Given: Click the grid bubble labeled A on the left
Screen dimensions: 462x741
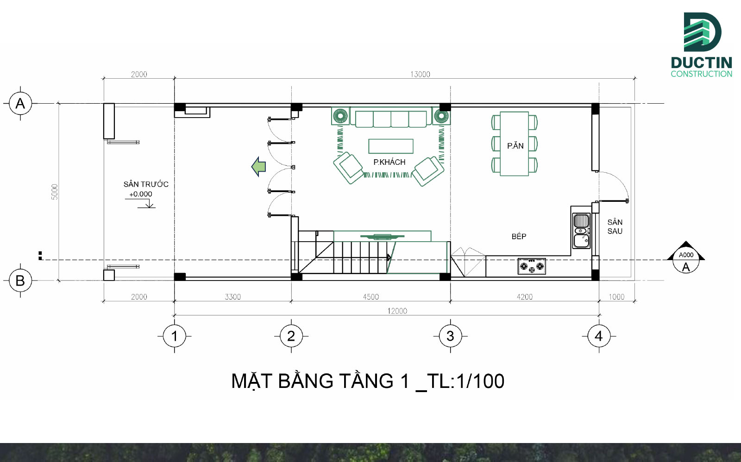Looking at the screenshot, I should (x=20, y=103).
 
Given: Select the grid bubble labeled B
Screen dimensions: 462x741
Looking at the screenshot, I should (x=20, y=281).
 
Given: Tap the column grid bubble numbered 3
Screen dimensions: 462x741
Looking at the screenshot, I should (x=450, y=336).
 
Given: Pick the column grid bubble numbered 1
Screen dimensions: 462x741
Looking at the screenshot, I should (x=174, y=336).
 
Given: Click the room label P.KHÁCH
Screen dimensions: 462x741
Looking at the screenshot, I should (x=389, y=162).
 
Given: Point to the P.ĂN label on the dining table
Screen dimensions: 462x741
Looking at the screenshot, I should (x=515, y=146).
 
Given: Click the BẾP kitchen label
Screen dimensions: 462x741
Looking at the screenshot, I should (x=519, y=237).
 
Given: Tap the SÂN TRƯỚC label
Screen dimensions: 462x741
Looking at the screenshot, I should (x=145, y=184).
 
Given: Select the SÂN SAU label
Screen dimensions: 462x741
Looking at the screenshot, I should (x=615, y=227).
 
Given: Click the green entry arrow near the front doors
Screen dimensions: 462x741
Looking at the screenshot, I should (x=258, y=167).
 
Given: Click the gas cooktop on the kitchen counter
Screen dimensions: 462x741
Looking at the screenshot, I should (x=532, y=267).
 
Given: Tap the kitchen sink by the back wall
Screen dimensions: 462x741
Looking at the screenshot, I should (x=582, y=231).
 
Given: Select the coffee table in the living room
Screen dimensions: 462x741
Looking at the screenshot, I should (x=390, y=146).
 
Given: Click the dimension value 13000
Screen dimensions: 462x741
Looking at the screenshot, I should (x=420, y=74).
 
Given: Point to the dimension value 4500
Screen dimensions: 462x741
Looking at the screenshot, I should (x=370, y=297).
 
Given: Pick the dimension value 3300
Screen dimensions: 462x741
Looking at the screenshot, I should (x=232, y=297).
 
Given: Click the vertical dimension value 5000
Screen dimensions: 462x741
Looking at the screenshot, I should (x=55, y=192).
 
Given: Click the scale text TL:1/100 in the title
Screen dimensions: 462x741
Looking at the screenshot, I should (x=465, y=381).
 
